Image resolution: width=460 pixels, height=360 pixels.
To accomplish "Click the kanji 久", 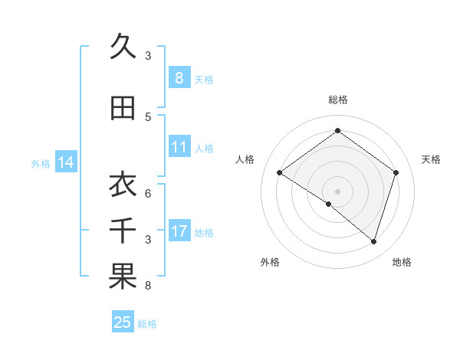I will (x=123, y=47).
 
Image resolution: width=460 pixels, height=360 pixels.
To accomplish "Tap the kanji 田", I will (x=123, y=108).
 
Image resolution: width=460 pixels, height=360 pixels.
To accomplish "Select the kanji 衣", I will (x=123, y=185).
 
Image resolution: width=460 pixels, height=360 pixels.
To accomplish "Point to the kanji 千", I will (x=123, y=231).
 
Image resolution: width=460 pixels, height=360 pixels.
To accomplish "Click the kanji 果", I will (x=123, y=277).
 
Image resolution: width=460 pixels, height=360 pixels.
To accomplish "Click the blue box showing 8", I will (x=179, y=78).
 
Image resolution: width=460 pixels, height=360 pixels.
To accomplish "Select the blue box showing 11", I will (x=179, y=147).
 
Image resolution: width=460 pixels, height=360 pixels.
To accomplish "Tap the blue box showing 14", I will (x=66, y=162).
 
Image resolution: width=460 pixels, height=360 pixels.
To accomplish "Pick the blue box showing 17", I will (x=179, y=231).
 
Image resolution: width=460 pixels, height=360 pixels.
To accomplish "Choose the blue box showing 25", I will (x=123, y=322).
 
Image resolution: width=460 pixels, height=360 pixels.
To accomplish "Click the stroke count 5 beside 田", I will (x=148, y=117).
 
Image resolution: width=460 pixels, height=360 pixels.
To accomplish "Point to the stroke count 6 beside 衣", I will (x=148, y=193).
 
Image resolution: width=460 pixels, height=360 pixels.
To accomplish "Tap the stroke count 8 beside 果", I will (x=148, y=286).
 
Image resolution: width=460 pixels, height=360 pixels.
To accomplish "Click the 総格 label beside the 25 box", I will (x=147, y=324).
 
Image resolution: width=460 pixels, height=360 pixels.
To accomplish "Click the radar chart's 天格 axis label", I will (x=432, y=159).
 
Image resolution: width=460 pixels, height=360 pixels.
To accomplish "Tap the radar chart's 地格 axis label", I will (x=402, y=262).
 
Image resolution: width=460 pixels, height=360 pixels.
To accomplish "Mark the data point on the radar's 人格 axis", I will (x=280, y=173).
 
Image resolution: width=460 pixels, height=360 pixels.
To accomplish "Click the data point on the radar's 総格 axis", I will (x=337, y=131).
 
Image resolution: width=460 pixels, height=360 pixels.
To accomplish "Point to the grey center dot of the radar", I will (x=337, y=191).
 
